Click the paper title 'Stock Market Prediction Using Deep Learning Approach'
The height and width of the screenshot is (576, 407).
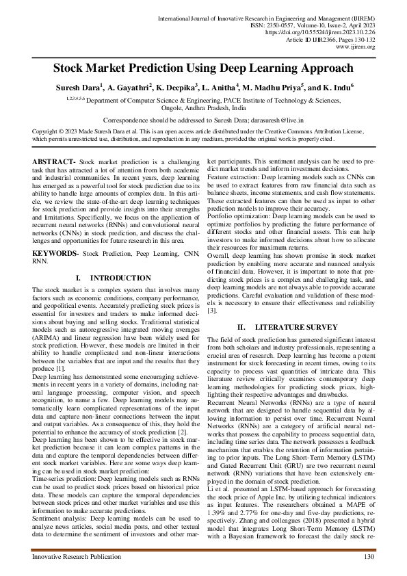pyautogui.click(x=203, y=68)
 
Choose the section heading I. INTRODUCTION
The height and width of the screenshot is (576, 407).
pyautogui.click(x=113, y=278)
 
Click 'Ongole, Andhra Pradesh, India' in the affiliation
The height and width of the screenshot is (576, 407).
pyautogui.click(x=203, y=107)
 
